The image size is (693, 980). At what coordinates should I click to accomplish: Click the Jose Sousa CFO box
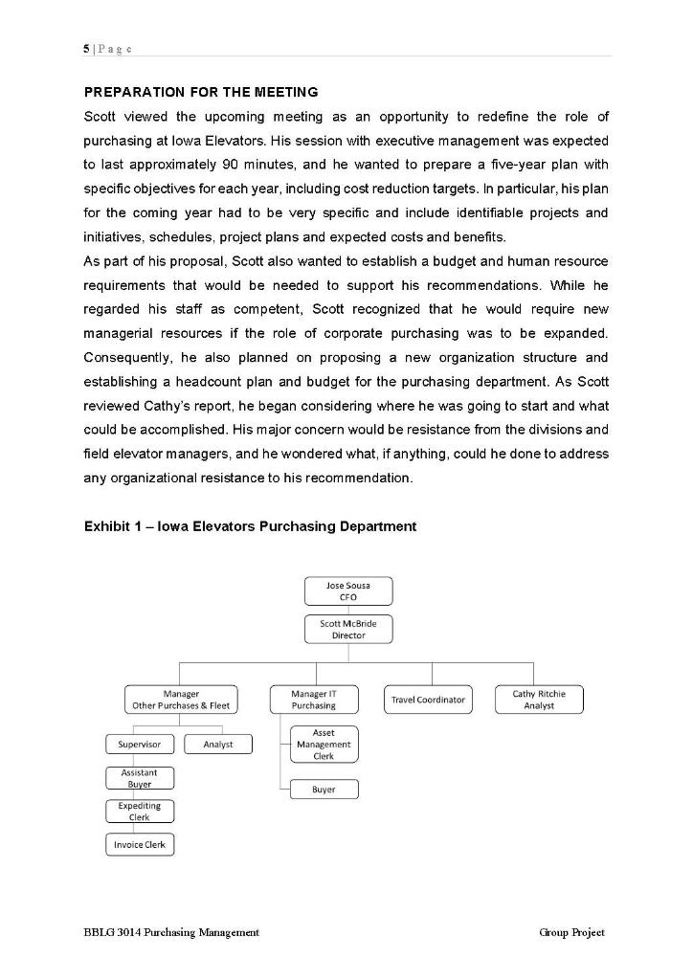(347, 590)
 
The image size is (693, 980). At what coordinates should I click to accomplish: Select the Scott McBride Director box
(347, 629)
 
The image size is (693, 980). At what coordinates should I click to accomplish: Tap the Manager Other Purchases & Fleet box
(180, 700)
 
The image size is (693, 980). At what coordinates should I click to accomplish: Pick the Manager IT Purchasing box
(313, 700)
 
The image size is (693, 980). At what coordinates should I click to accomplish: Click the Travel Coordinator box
(428, 700)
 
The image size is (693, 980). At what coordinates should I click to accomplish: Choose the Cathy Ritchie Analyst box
(539, 700)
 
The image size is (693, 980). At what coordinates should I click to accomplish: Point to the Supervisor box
(140, 744)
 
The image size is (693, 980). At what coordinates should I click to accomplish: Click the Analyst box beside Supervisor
(218, 744)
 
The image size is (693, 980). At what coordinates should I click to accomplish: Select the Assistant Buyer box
(140, 778)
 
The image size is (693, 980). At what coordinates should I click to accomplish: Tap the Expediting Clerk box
(140, 812)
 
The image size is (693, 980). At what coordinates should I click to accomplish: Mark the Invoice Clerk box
(140, 844)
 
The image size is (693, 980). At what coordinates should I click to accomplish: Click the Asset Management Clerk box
(324, 744)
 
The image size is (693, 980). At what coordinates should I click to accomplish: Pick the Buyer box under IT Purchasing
(324, 790)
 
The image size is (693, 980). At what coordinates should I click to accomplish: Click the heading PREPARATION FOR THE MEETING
(201, 92)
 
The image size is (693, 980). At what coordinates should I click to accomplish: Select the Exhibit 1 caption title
(250, 526)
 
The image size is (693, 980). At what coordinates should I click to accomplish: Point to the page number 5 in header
(87, 48)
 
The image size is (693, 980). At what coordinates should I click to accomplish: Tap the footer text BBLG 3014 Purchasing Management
(171, 932)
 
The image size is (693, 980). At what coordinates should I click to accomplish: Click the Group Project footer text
(571, 932)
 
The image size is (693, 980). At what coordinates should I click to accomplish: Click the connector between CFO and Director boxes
(347, 610)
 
